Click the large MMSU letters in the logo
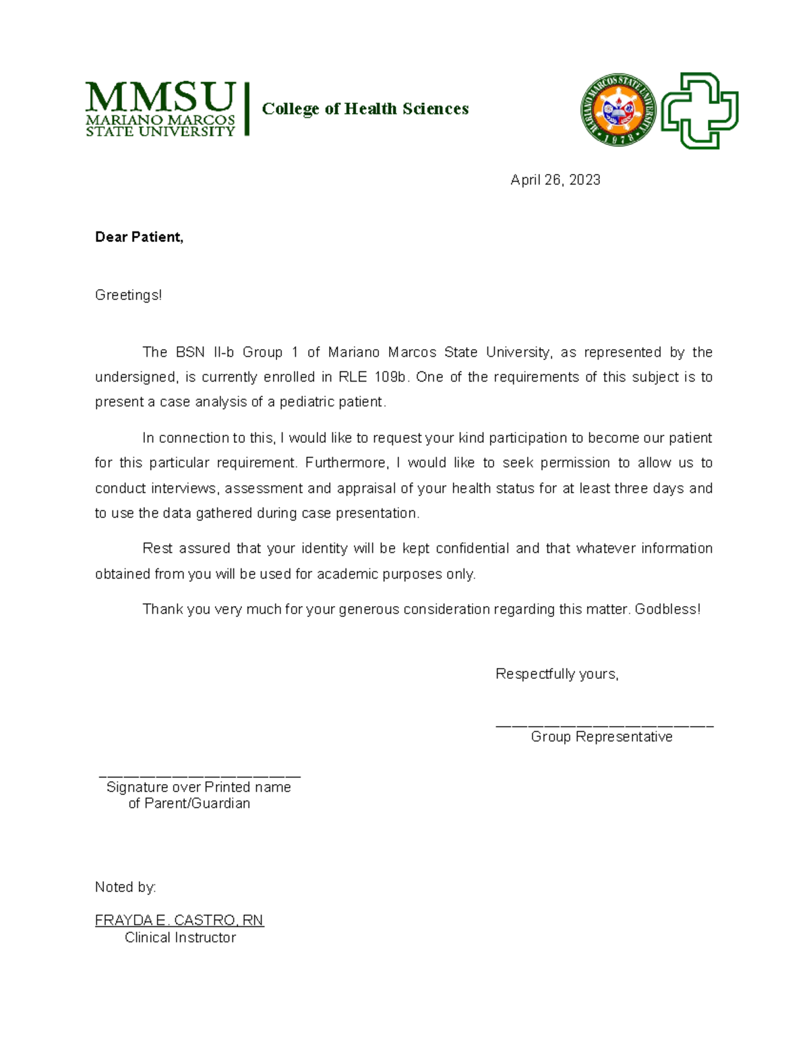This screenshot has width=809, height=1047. (160, 98)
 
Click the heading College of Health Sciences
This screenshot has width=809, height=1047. (365, 109)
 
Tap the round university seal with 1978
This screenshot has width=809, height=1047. (618, 111)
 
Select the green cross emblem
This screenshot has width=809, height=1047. (699, 111)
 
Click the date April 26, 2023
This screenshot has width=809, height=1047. (555, 180)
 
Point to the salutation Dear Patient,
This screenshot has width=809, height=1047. (139, 237)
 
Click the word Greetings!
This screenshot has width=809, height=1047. (128, 295)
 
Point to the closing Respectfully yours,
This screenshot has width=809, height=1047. (557, 674)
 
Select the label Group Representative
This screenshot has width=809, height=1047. (601, 737)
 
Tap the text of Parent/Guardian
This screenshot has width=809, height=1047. (189, 804)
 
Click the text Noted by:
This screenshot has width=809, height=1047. (125, 887)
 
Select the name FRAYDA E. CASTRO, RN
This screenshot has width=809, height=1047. (179, 920)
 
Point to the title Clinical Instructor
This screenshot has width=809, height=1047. (180, 938)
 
